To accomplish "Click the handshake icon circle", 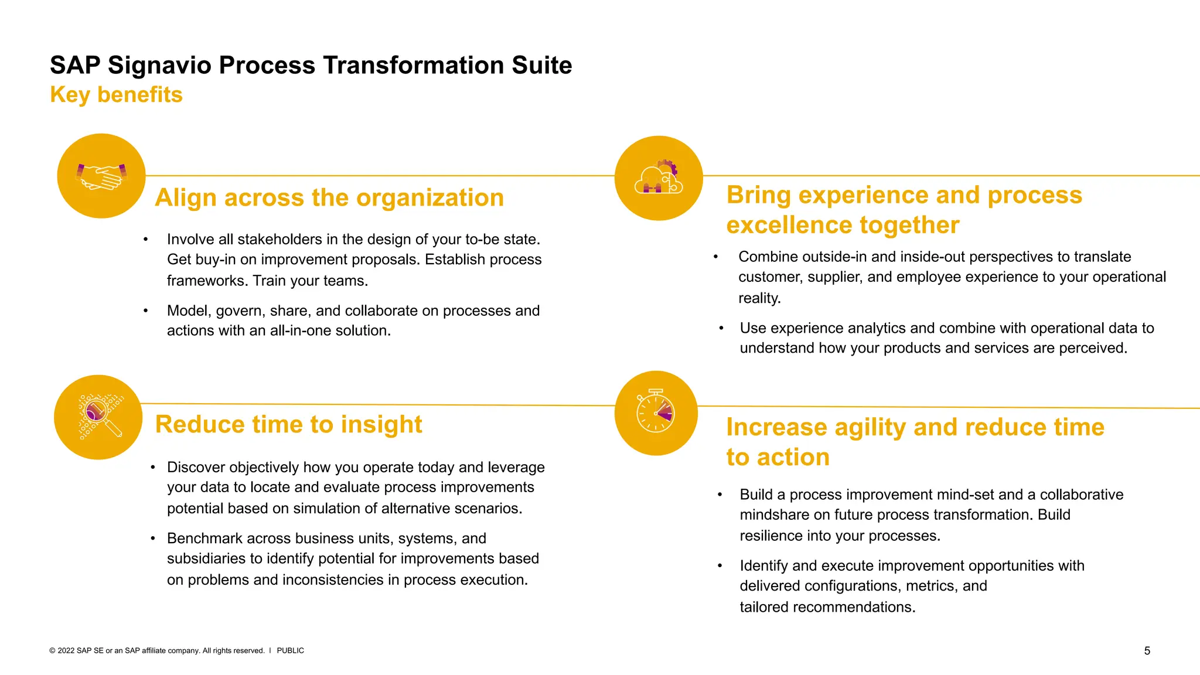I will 101,176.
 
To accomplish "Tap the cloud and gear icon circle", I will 659,178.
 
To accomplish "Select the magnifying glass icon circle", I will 98,417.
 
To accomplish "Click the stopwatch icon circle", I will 656,413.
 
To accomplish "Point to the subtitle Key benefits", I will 116,95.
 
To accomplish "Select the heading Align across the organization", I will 329,198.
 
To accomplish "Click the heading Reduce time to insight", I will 288,425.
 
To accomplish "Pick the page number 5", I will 1147,651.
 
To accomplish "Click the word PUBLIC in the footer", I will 290,651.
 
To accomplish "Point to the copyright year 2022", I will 66,651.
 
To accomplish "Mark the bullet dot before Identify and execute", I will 720,566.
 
